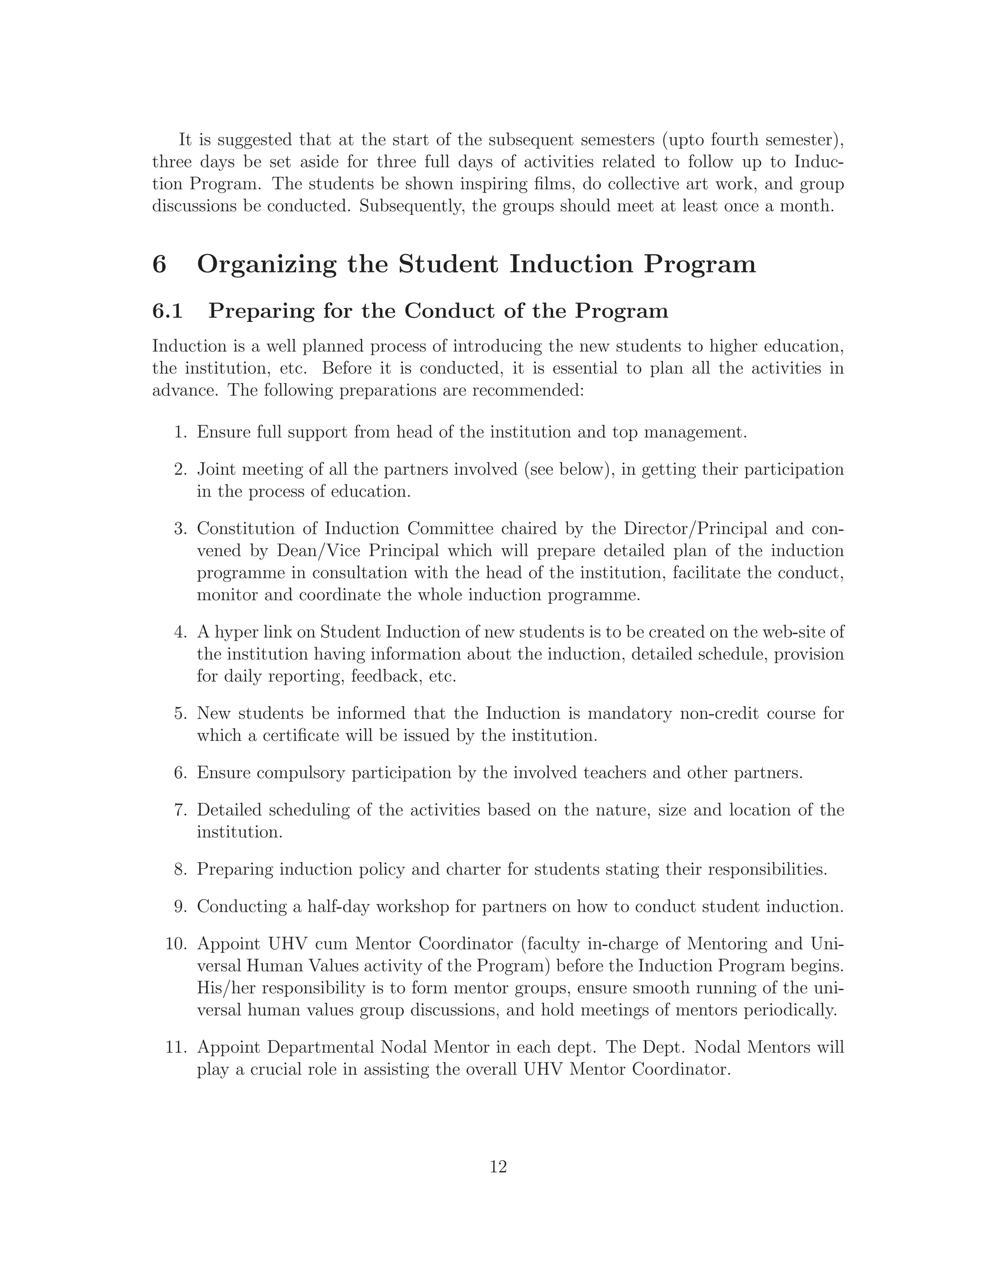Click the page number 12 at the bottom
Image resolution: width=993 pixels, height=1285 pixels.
497,1167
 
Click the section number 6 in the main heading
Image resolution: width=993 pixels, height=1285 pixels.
159,264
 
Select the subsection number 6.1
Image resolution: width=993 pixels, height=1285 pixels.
167,311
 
